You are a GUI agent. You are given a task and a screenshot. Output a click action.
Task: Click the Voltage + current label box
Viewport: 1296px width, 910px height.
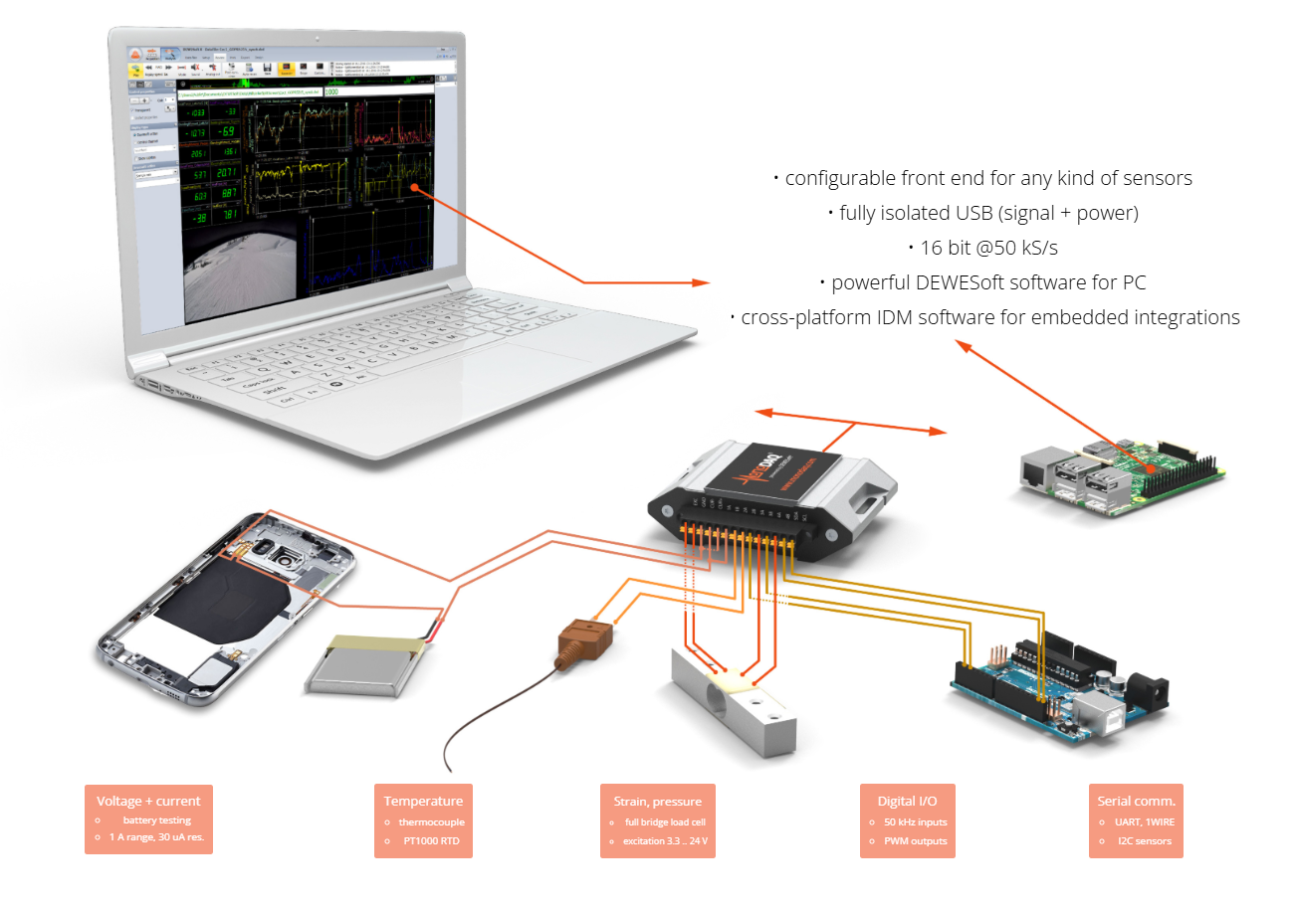(x=148, y=820)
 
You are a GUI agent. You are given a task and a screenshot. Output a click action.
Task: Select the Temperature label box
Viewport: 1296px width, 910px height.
(x=423, y=820)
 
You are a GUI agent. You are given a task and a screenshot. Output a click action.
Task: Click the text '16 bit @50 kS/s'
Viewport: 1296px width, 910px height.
(x=989, y=248)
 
